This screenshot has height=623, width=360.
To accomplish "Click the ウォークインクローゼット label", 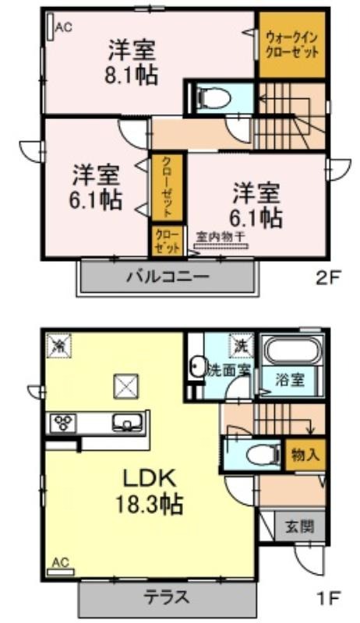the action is pyautogui.click(x=291, y=46).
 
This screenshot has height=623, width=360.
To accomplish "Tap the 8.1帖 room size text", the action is pyautogui.click(x=132, y=74).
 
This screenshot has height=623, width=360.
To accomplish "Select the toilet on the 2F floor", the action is pyautogui.click(x=214, y=97).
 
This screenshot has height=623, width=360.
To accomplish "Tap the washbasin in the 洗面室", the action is pyautogui.click(x=196, y=365).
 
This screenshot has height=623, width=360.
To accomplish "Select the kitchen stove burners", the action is pyautogui.click(x=65, y=423).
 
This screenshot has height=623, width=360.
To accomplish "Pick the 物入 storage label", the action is pyautogui.click(x=305, y=454).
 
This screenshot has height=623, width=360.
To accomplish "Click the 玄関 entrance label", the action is pyautogui.click(x=299, y=527).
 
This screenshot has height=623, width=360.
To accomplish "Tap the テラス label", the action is pyautogui.click(x=166, y=597).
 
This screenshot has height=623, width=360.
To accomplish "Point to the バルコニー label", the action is pyautogui.click(x=168, y=276).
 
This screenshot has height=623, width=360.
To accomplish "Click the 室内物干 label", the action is pyautogui.click(x=221, y=237).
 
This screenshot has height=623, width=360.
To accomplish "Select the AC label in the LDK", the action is pyautogui.click(x=62, y=562).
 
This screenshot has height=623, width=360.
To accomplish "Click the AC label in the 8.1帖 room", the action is pyautogui.click(x=64, y=27).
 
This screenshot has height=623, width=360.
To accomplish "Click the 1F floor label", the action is pyautogui.click(x=328, y=597).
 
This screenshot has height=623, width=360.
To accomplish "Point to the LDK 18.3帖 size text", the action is pyautogui.click(x=150, y=492).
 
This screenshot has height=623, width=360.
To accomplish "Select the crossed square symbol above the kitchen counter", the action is pyautogui.click(x=126, y=386).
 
